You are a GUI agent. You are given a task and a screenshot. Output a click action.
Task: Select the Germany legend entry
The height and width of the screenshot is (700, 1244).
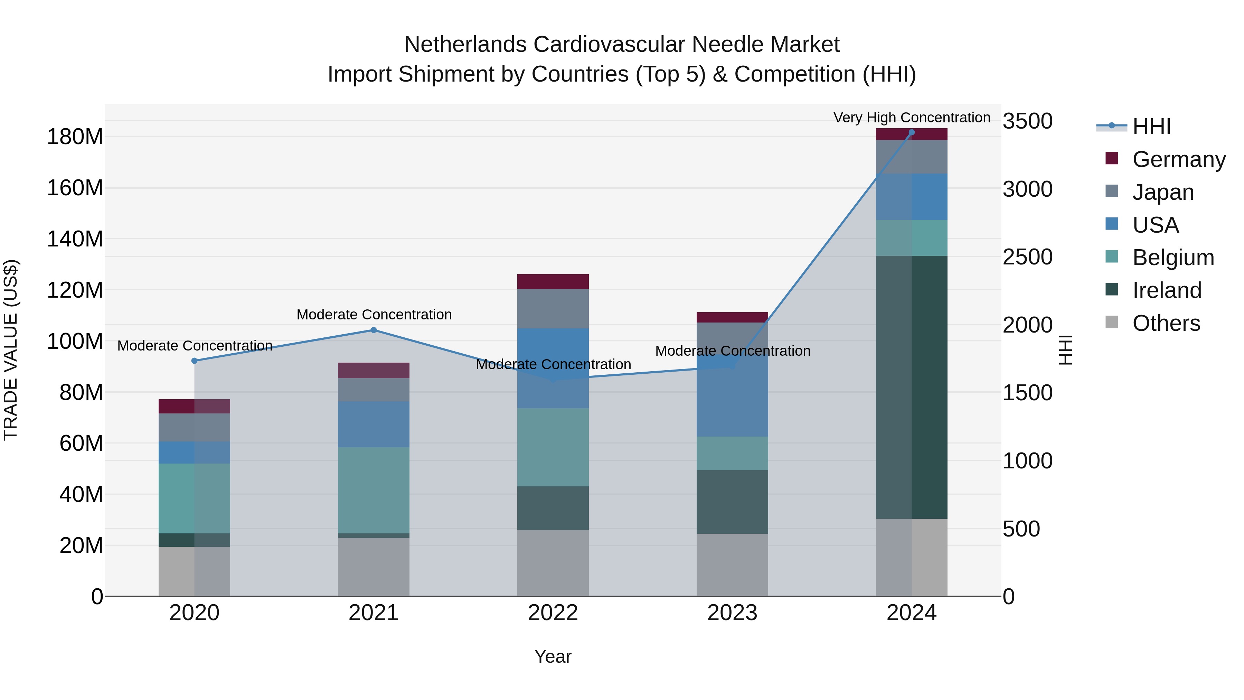click(x=1178, y=159)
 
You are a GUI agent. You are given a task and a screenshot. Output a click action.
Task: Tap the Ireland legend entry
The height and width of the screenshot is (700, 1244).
click(x=1166, y=290)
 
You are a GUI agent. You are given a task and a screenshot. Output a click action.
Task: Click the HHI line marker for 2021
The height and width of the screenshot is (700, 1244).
click(x=374, y=330)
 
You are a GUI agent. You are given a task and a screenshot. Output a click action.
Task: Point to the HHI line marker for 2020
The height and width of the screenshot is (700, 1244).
click(x=195, y=361)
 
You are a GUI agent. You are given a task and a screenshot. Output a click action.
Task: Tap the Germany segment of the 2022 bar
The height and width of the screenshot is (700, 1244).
click(x=553, y=282)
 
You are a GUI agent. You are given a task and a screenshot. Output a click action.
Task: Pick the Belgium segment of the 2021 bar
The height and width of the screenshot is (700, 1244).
click(x=374, y=490)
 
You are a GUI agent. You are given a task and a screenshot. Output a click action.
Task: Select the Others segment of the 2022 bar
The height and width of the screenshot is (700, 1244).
click(x=553, y=563)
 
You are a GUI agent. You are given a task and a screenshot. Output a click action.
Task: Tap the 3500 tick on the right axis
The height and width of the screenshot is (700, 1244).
click(x=1028, y=121)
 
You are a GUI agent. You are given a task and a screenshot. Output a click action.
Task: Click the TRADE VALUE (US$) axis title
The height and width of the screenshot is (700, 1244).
click(x=11, y=350)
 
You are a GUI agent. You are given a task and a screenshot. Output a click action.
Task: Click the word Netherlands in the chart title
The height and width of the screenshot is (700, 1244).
click(x=465, y=45)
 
